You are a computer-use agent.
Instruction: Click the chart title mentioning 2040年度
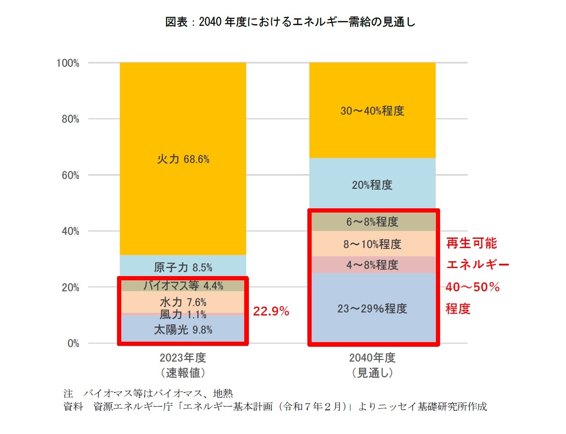click(x=290, y=22)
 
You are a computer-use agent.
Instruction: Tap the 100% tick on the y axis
click(x=68, y=63)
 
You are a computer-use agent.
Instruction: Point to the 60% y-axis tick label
click(x=70, y=175)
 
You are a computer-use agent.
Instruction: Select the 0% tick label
click(x=73, y=343)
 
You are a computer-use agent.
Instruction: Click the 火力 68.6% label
click(x=183, y=159)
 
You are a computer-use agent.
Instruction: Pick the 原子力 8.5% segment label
click(x=183, y=268)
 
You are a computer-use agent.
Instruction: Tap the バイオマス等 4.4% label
click(x=183, y=286)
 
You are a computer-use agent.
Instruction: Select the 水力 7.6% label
click(x=183, y=302)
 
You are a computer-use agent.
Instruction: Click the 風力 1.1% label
click(x=183, y=315)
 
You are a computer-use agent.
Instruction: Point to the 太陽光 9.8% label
click(x=183, y=330)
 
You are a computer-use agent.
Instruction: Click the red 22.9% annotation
click(x=271, y=312)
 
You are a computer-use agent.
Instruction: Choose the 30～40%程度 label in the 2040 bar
click(x=372, y=111)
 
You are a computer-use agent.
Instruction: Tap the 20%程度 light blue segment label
click(x=372, y=185)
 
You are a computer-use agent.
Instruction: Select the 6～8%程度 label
click(x=372, y=222)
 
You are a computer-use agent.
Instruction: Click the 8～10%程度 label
click(x=372, y=244)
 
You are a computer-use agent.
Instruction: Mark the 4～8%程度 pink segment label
click(x=372, y=265)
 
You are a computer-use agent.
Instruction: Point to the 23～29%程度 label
click(x=372, y=309)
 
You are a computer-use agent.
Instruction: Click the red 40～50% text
click(x=472, y=287)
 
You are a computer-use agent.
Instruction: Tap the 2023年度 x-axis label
click(x=183, y=358)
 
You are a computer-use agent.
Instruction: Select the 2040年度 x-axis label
click(x=372, y=358)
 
